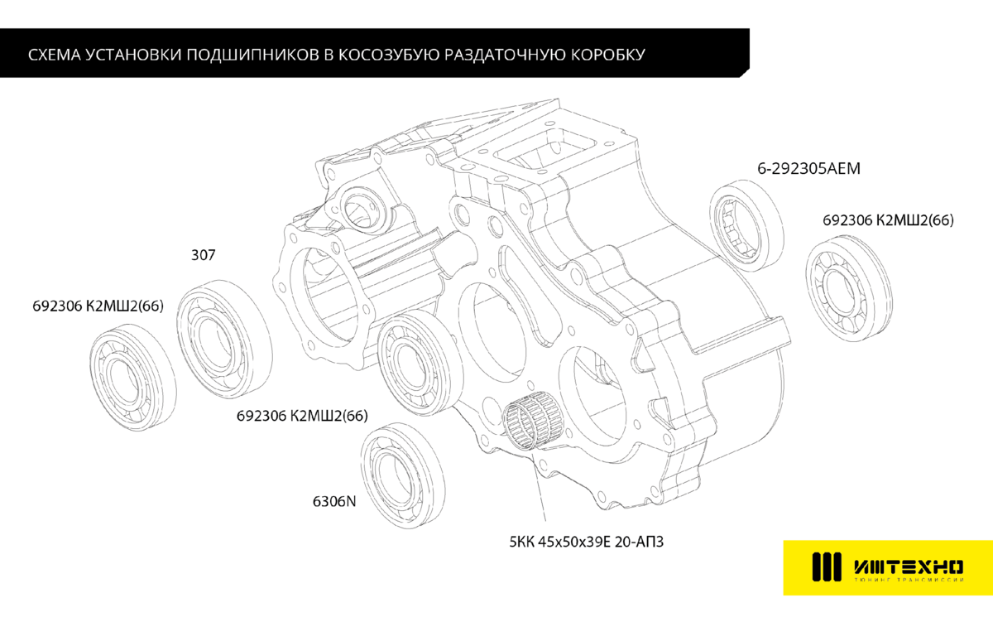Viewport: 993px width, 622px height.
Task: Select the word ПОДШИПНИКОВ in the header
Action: tap(252, 55)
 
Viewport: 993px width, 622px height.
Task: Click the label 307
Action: tap(203, 256)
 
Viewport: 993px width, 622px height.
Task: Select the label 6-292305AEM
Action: tap(809, 169)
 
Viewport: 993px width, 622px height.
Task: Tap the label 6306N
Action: tap(334, 502)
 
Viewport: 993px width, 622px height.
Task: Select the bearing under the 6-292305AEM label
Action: tap(748, 224)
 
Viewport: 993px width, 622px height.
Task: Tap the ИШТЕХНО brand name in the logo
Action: tap(908, 567)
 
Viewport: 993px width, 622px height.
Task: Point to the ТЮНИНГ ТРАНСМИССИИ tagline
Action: tap(908, 581)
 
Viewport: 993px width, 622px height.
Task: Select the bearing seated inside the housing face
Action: tap(417, 360)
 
